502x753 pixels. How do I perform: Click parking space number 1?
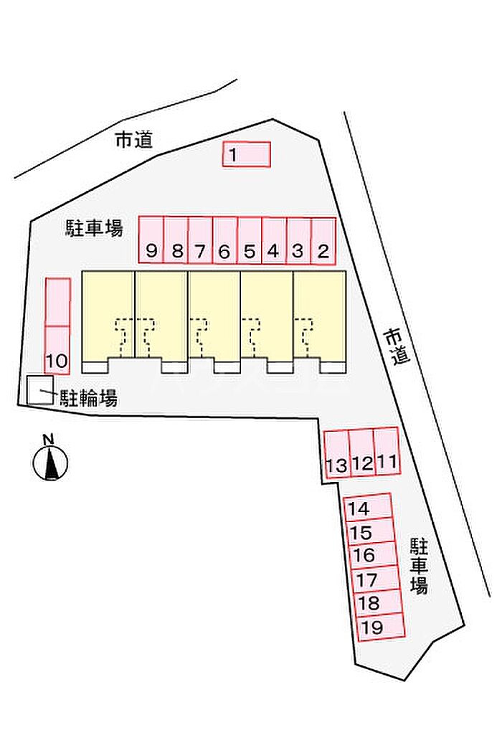[x=246, y=154]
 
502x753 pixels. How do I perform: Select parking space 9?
[x=151, y=240]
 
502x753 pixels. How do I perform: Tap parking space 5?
[x=250, y=240]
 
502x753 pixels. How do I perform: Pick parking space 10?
[x=57, y=350]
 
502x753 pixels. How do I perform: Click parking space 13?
[x=336, y=454]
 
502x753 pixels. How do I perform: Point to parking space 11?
[x=387, y=451]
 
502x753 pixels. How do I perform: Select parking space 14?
[x=368, y=507]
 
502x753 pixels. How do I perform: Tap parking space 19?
[x=382, y=627]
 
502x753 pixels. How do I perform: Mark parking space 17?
[x=376, y=579]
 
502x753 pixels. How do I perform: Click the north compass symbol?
[x=50, y=463]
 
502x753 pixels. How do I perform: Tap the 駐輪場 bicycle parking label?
[x=88, y=398]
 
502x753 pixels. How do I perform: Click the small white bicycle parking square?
[x=40, y=390]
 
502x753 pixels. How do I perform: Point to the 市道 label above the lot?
[x=134, y=140]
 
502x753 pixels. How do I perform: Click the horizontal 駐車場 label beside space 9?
[x=94, y=227]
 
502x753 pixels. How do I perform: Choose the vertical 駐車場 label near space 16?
[x=419, y=566]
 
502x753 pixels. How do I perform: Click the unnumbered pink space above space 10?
[x=57, y=302]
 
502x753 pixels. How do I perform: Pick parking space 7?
[x=200, y=240]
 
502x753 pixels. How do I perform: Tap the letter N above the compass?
[x=48, y=439]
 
